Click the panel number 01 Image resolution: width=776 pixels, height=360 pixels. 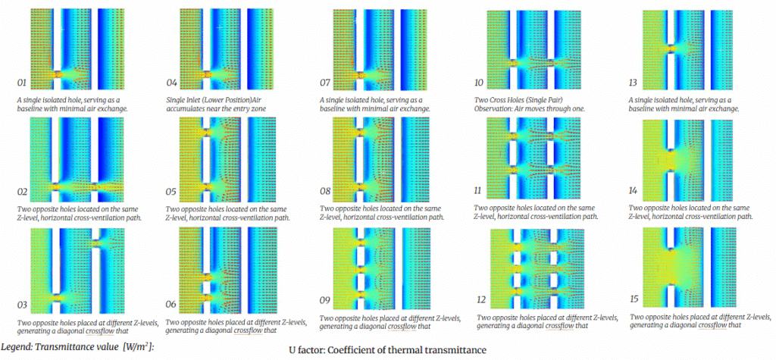pyautogui.click(x=23, y=82)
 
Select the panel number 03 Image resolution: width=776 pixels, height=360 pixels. pyautogui.click(x=23, y=305)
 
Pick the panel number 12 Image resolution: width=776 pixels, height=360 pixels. pyautogui.click(x=485, y=301)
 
